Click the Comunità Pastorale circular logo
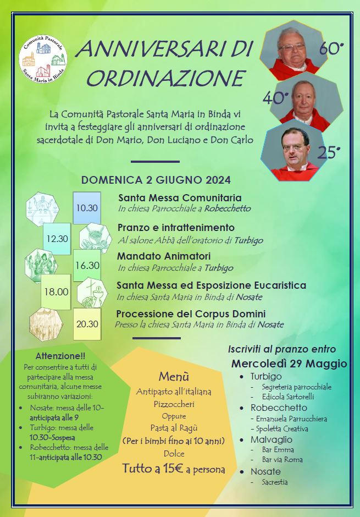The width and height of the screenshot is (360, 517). (x=43, y=57)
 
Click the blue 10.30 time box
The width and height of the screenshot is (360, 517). (x=87, y=208)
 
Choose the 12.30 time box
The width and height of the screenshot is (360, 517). (x=57, y=239)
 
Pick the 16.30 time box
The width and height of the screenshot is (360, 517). (x=87, y=265)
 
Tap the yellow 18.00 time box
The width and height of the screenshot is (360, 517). (x=56, y=292)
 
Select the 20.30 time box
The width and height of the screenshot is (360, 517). (x=87, y=323)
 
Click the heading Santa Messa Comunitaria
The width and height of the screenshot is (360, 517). (x=180, y=198)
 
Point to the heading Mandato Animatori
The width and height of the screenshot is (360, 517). (x=164, y=256)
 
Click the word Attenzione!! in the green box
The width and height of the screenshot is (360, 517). (x=60, y=356)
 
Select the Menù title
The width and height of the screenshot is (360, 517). (x=174, y=377)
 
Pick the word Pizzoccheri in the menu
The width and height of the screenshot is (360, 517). (x=174, y=404)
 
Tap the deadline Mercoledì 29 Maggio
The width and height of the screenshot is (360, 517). (x=289, y=364)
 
